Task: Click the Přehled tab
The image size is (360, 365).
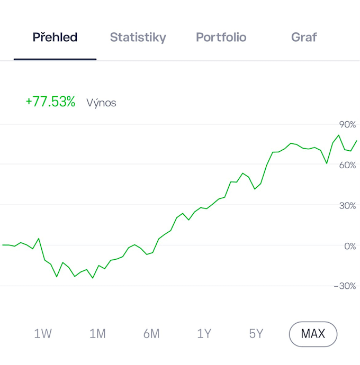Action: pyautogui.click(x=55, y=37)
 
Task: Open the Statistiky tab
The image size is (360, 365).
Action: pyautogui.click(x=138, y=38)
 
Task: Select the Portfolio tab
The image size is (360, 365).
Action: pyautogui.click(x=221, y=37)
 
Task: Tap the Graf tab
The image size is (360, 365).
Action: pyautogui.click(x=304, y=37)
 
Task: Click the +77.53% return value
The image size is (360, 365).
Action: pyautogui.click(x=50, y=102)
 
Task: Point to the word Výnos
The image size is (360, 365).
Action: pyautogui.click(x=101, y=103)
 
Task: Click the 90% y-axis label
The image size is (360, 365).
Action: pyautogui.click(x=347, y=124)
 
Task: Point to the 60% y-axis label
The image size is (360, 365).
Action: pyautogui.click(x=347, y=165)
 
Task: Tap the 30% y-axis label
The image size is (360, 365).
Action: pyautogui.click(x=347, y=206)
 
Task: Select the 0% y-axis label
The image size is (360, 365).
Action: pyautogui.click(x=350, y=247)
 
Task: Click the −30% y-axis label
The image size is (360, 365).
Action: pyautogui.click(x=345, y=286)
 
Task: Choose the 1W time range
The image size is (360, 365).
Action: pyautogui.click(x=43, y=334)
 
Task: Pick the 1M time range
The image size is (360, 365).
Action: pyautogui.click(x=97, y=334)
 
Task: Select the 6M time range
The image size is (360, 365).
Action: pyautogui.click(x=151, y=334)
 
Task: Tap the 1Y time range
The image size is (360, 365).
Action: pyautogui.click(x=204, y=334)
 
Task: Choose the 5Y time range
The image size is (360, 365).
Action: pyautogui.click(x=256, y=334)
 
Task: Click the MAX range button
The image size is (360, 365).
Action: pyautogui.click(x=313, y=334)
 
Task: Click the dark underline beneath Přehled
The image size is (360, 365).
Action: pyautogui.click(x=55, y=59)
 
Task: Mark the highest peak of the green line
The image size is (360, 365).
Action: pyautogui.click(x=339, y=135)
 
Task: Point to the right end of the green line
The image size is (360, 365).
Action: pyautogui.click(x=356, y=141)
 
